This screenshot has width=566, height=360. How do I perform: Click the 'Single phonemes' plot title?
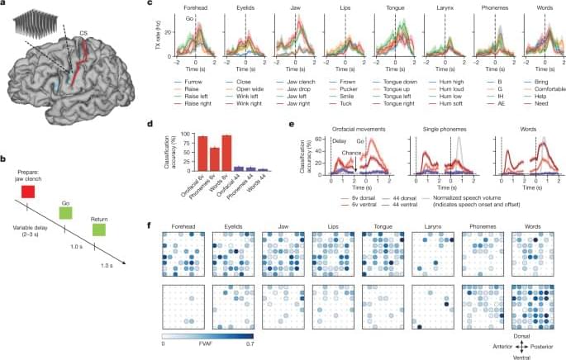(x=438, y=130)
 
